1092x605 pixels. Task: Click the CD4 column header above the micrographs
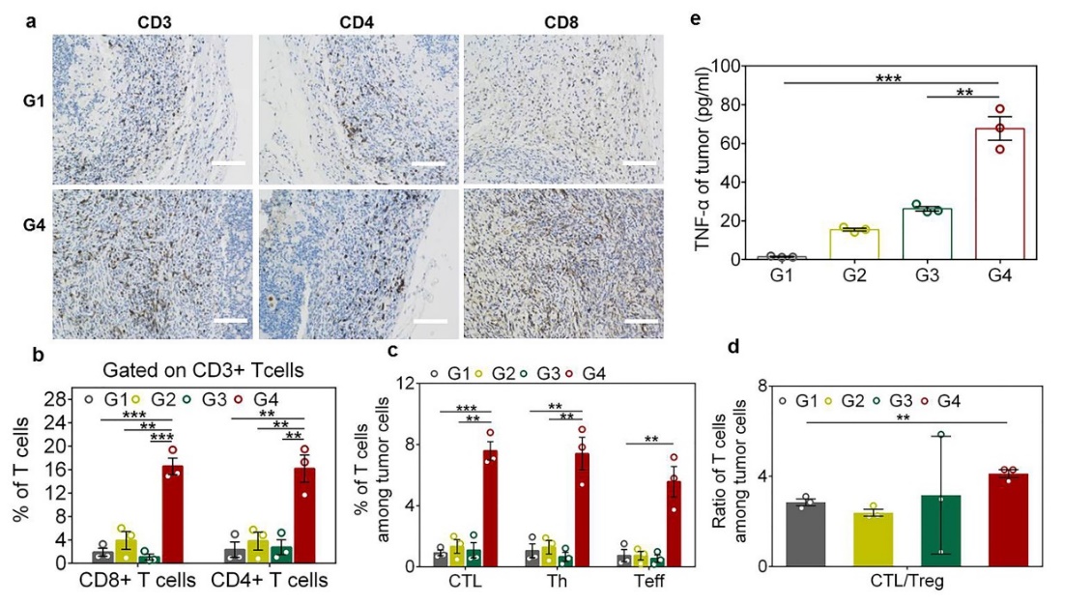[359, 18]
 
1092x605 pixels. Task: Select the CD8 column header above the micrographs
[563, 18]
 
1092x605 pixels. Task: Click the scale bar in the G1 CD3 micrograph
[229, 163]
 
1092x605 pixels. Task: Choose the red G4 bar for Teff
[675, 524]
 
